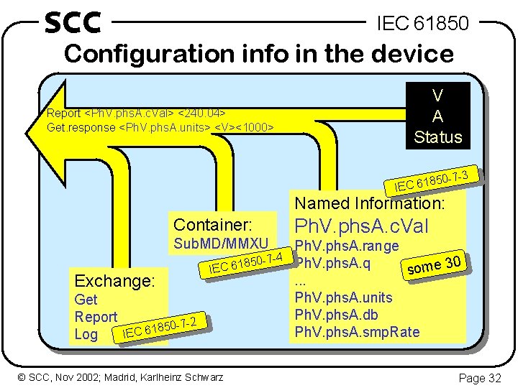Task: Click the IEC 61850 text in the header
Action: tap(423, 24)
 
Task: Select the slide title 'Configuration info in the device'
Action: tap(259, 54)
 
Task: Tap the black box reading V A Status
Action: tap(437, 116)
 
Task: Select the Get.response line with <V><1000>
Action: tap(160, 127)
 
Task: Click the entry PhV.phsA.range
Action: tap(347, 246)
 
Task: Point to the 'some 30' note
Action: tap(434, 266)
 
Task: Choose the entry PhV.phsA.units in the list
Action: tap(345, 297)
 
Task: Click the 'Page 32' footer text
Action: tap(478, 377)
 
